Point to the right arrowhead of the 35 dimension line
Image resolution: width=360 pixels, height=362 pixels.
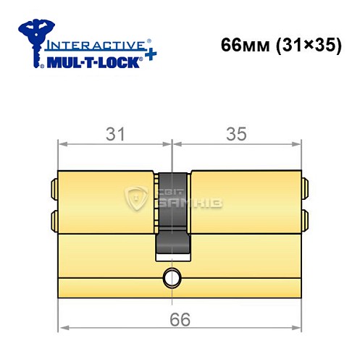pyautogui.click(x=296, y=143)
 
